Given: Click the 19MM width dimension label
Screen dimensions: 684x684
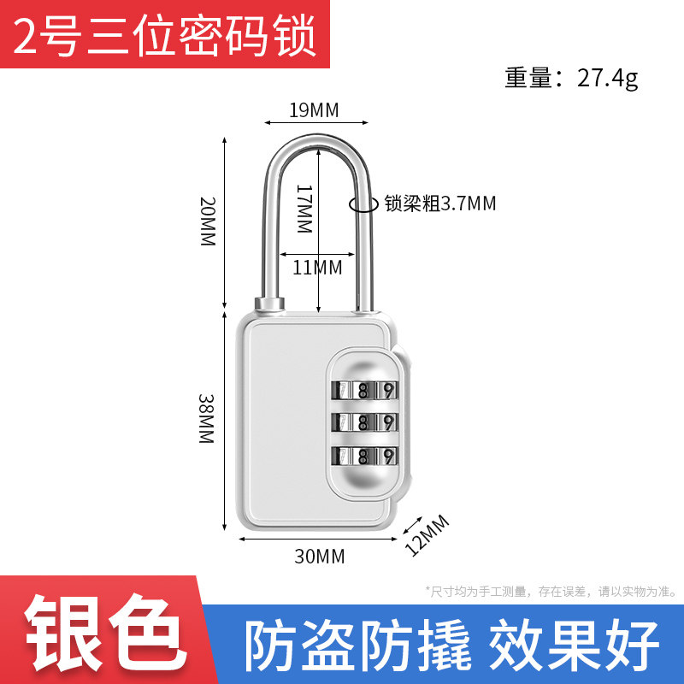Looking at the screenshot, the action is coord(314,109).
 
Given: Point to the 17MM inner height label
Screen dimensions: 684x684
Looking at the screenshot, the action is coord(304,210).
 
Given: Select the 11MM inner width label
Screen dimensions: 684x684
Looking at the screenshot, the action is coord(317,268).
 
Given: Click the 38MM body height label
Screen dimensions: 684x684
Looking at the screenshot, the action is coord(206,418).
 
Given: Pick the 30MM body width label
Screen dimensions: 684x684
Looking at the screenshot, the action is coord(319,557).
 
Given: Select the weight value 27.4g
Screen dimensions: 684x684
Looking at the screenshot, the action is coord(607,79).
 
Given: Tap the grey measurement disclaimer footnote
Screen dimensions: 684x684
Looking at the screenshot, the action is coord(551,591).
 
